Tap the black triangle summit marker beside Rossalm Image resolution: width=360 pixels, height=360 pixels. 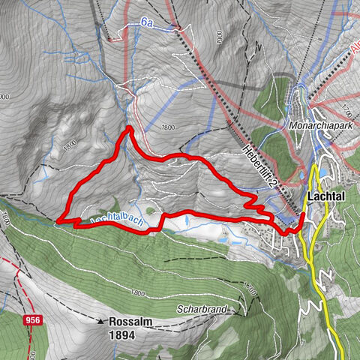tap(100, 322)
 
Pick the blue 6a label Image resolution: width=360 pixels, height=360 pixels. tap(148, 24)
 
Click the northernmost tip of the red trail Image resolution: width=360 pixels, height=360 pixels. tap(130, 128)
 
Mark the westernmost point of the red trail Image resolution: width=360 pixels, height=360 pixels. tap(57, 220)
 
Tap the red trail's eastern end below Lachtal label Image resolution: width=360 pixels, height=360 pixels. tap(303, 215)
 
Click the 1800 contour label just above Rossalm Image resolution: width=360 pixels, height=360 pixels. tap(136, 293)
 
